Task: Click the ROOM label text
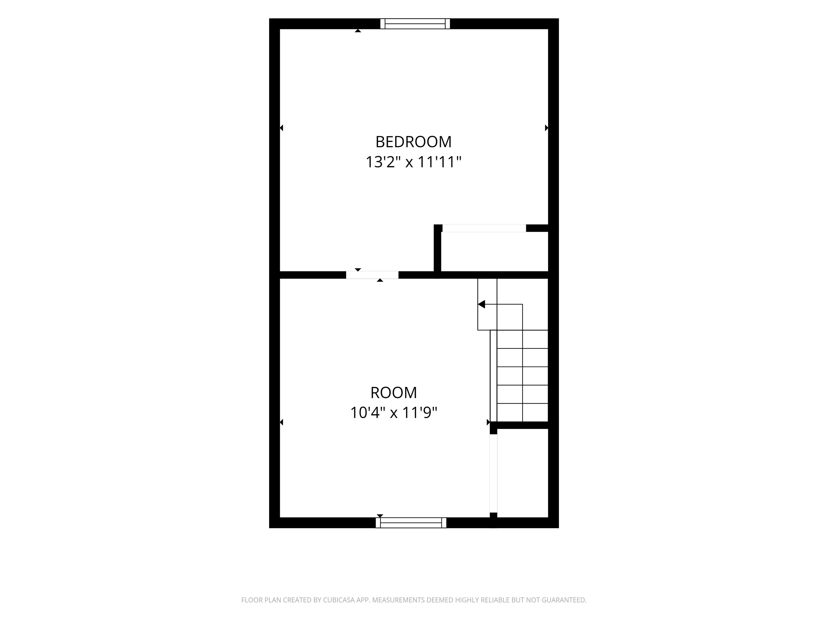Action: point(394,393)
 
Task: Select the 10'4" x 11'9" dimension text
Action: point(394,413)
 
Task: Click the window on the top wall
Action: point(415,23)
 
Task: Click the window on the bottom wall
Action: point(411,523)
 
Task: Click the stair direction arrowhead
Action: point(481,304)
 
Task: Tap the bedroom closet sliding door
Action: point(484,228)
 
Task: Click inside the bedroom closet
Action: point(495,251)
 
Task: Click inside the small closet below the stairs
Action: point(523,473)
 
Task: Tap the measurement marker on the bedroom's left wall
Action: point(281,128)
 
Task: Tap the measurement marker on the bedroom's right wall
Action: point(547,128)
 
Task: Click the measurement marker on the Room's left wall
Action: point(281,422)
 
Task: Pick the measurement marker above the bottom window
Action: point(380,516)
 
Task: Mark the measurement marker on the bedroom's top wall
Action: point(358,31)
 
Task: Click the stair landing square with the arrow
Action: point(487,304)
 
